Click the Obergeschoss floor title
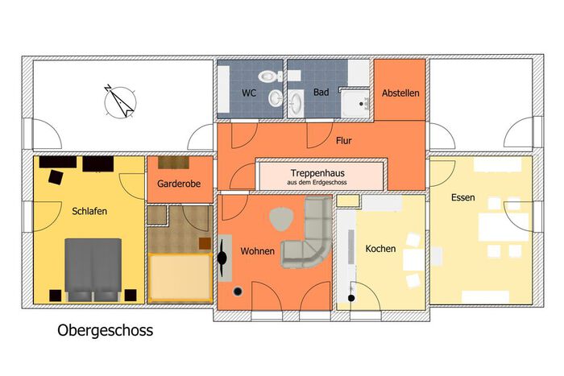[x=105, y=330]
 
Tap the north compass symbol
[x=120, y=101]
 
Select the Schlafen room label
[x=89, y=211]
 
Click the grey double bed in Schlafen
[x=93, y=270]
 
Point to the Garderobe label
[x=179, y=184]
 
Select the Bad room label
[x=321, y=93]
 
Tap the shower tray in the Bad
[x=355, y=104]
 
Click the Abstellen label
[x=400, y=93]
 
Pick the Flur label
[x=344, y=141]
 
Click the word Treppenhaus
[x=317, y=173]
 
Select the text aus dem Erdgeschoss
[x=317, y=182]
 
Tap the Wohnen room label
[x=258, y=251]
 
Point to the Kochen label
[x=380, y=249]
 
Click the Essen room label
[x=463, y=197]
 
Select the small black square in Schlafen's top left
[x=56, y=177]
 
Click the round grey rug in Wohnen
[x=282, y=219]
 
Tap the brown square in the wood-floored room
[x=205, y=243]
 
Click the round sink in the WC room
[x=276, y=97]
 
